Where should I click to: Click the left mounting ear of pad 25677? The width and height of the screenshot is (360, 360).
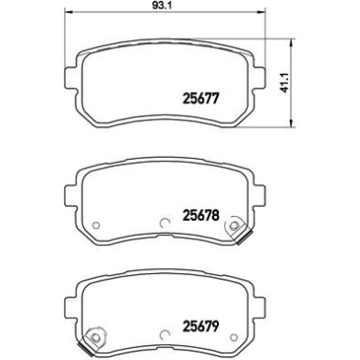(69, 76)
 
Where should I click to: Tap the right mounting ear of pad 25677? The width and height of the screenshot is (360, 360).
(263, 76)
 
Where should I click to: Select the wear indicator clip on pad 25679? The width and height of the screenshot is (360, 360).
(94, 339)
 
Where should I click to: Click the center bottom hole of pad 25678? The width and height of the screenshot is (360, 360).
(165, 223)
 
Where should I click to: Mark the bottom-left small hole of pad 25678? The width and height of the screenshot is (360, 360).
(95, 224)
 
